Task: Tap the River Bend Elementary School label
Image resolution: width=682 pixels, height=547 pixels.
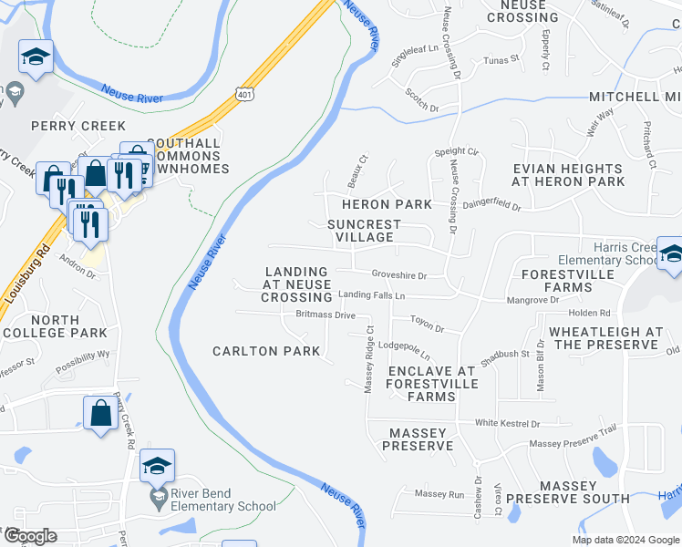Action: tap(223, 500)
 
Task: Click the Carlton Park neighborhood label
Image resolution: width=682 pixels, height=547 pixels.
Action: tap(266, 351)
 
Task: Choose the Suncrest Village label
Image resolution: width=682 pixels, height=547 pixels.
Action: tap(364, 231)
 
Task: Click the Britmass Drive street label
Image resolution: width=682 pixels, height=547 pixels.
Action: tap(325, 315)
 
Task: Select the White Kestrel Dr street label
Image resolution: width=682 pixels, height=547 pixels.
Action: tap(507, 423)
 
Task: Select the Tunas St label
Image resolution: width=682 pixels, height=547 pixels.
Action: tap(501, 58)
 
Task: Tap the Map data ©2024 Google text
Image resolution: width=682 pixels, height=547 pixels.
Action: tap(625, 540)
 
